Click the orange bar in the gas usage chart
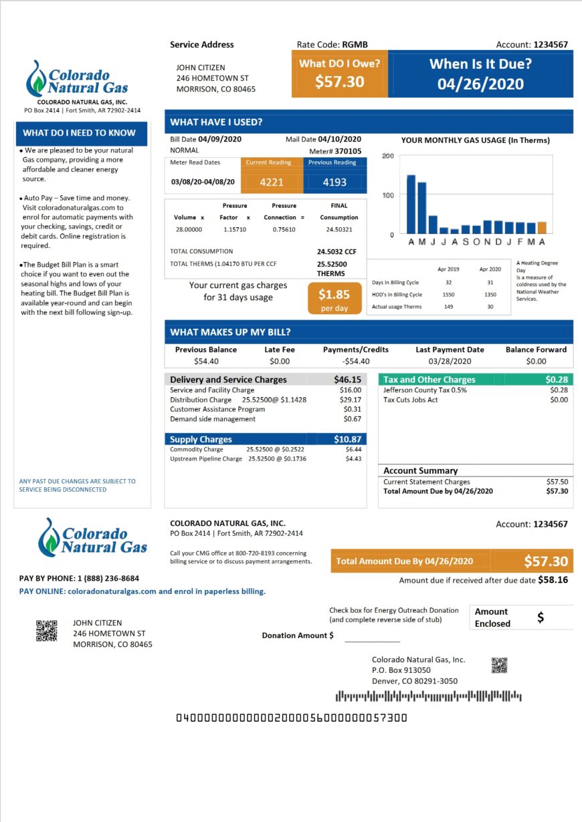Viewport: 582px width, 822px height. point(542,228)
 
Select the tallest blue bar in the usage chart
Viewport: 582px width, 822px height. point(411,204)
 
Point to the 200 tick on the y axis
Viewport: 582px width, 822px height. point(387,156)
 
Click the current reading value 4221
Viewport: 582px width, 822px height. point(272,182)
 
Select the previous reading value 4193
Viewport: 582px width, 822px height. point(334,182)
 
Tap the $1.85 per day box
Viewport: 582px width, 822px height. point(334,298)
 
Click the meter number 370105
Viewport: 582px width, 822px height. point(348,151)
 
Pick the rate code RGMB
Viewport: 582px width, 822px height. point(355,45)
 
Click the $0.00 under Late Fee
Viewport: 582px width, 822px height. point(280,362)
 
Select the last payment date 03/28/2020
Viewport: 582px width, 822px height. point(450,362)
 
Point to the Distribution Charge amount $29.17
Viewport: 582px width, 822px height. point(351,400)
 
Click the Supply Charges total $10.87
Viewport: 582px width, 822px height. point(347,439)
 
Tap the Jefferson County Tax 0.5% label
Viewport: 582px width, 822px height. point(425,390)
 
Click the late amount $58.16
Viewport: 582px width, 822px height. point(553,580)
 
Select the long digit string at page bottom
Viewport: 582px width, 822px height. point(291,718)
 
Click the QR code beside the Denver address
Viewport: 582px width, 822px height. point(499,665)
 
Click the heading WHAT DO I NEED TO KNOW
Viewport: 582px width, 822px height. point(79,132)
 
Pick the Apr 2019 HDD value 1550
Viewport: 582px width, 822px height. point(448,295)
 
